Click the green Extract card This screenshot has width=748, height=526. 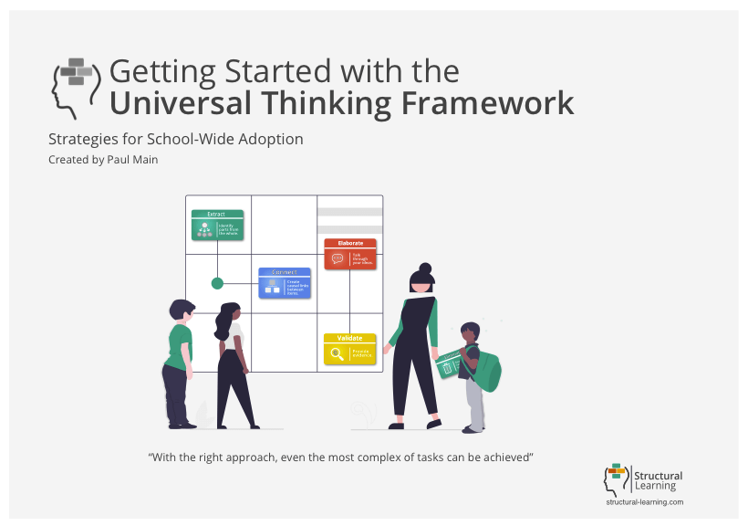pyautogui.click(x=216, y=226)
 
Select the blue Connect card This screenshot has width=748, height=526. pyautogui.click(x=284, y=282)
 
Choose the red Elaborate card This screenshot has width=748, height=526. pyautogui.click(x=350, y=254)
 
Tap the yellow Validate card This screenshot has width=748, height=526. pyautogui.click(x=350, y=349)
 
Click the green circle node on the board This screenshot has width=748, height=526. pyautogui.click(x=217, y=283)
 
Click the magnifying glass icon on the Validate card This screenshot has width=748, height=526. pyautogui.click(x=338, y=353)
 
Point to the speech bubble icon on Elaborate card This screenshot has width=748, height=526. pyautogui.click(x=338, y=258)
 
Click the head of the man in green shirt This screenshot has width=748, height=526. pyautogui.click(x=181, y=310)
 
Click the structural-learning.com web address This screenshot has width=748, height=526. pyautogui.click(x=644, y=502)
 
